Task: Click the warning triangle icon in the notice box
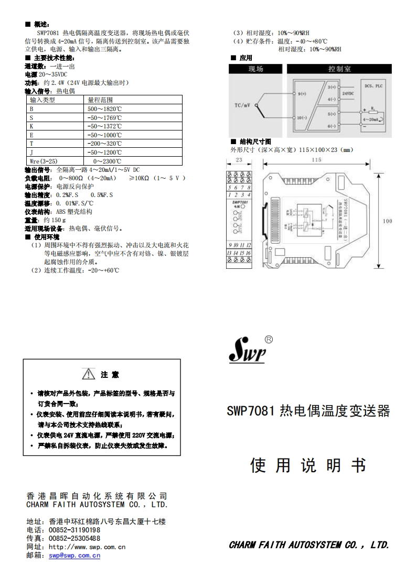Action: [89, 375]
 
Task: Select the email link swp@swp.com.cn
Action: [74, 556]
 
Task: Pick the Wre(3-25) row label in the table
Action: [44, 161]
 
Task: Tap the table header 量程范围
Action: [100, 100]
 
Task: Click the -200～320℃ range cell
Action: [104, 144]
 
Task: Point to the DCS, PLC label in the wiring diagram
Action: [375, 85]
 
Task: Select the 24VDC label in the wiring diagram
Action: [348, 93]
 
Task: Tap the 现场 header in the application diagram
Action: [255, 69]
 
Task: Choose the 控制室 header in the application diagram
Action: [339, 69]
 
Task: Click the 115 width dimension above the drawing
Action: [316, 160]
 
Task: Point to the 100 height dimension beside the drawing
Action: [387, 221]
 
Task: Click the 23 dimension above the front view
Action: [239, 160]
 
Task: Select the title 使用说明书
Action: [308, 465]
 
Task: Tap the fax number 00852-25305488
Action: [74, 538]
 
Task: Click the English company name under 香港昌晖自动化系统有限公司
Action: [97, 505]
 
